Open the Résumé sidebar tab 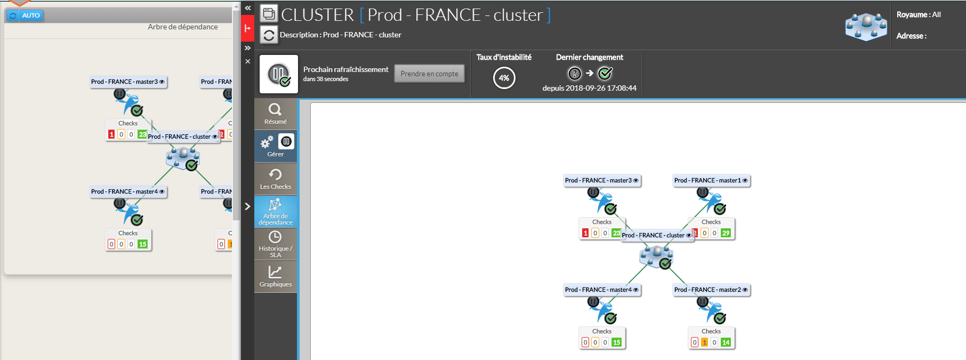[x=275, y=114]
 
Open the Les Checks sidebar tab [x=275, y=179]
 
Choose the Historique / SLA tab [x=275, y=244]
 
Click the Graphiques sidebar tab [x=275, y=276]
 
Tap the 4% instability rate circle [x=504, y=78]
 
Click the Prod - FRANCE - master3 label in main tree [x=598, y=180]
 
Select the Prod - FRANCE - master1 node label [x=707, y=180]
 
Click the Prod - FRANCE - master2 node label [x=707, y=290]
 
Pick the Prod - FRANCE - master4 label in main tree [x=598, y=290]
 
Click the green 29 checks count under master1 [x=726, y=233]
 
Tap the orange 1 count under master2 [x=704, y=342]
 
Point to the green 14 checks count [x=726, y=342]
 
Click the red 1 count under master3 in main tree [x=585, y=233]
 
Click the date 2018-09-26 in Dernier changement [x=581, y=88]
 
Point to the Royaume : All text [x=919, y=14]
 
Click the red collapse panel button [x=247, y=28]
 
